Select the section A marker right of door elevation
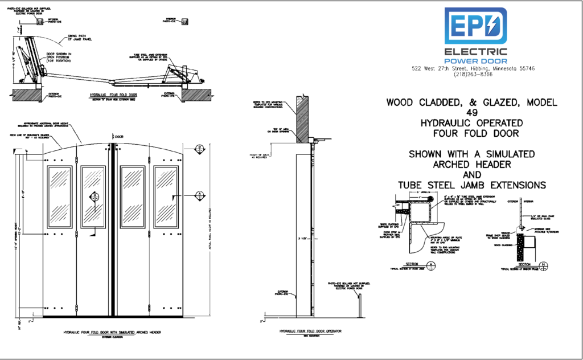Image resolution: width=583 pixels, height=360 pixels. [200, 195]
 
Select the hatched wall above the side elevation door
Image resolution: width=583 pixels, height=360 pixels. [302, 117]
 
